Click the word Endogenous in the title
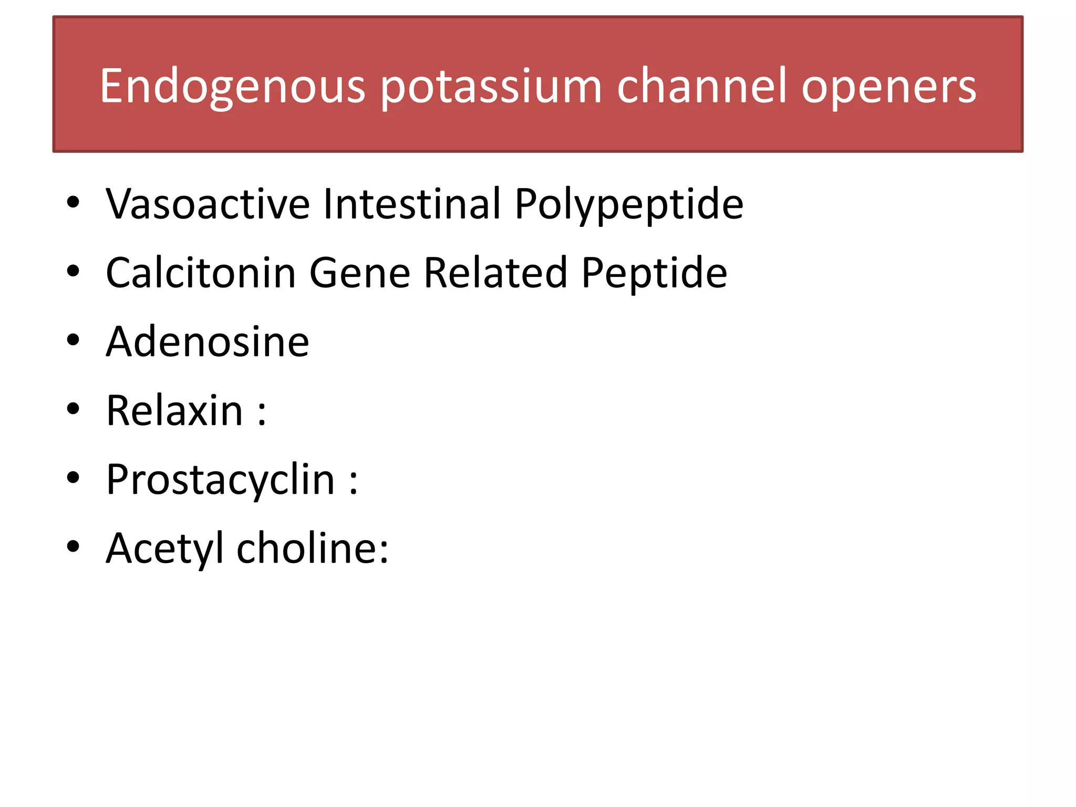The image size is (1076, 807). (x=232, y=86)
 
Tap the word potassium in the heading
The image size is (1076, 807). (x=491, y=86)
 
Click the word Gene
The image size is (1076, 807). (x=360, y=273)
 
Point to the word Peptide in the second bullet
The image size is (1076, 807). (x=654, y=273)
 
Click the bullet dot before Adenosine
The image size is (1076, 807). (x=73, y=340)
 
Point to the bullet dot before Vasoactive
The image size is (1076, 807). (x=73, y=202)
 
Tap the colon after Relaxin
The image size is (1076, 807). (x=262, y=412)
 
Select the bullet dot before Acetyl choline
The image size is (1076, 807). (x=73, y=546)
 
